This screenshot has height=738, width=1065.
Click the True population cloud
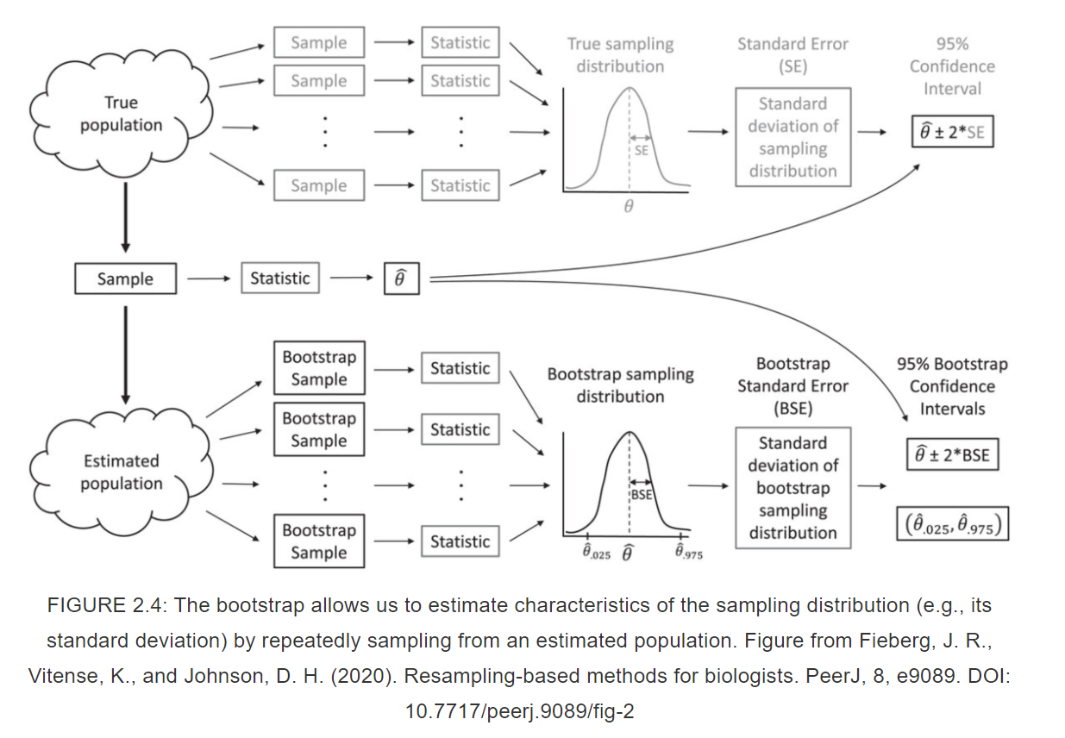pos(121,114)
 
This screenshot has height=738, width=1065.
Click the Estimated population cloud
pos(121,472)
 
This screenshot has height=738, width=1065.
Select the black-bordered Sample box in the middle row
pos(125,279)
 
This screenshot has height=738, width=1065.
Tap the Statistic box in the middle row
pos(279,278)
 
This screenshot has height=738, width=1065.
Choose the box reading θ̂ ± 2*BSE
pos(952,455)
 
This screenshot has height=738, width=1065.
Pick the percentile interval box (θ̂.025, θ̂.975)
pos(952,524)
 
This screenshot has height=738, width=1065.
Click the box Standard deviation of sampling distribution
pos(792,137)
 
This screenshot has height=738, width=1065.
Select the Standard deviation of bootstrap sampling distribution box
pos(792,488)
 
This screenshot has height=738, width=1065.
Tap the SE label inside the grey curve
pos(642,150)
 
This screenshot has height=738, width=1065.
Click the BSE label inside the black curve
pos(642,496)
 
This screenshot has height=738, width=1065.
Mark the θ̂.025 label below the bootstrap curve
pos(596,553)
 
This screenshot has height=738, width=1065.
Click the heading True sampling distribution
pos(620,54)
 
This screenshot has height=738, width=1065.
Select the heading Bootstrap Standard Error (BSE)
pos(792,385)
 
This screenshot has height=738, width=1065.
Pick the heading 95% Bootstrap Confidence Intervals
pos(952,386)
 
